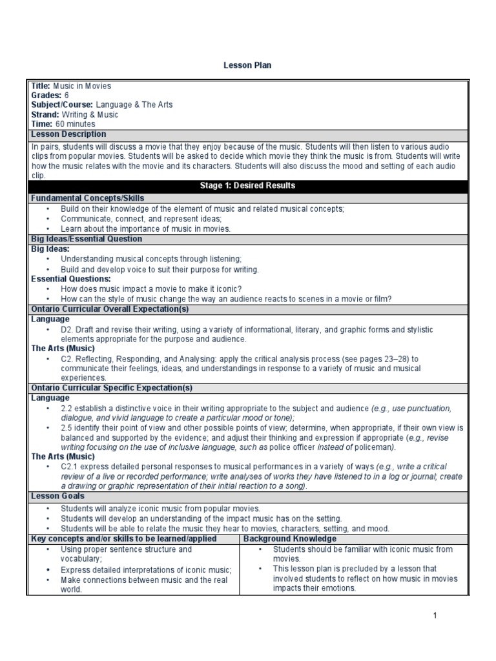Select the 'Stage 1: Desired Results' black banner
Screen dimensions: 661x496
247,186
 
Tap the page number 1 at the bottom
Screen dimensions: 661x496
435,616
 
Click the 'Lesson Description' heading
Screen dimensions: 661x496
69,134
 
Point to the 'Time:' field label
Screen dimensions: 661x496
42,124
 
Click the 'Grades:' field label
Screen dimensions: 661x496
46,96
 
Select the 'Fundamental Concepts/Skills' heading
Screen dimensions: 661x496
88,198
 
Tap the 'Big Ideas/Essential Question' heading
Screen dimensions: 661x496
87,239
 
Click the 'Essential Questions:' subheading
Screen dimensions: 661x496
70,279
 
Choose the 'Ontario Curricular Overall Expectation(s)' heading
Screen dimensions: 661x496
110,309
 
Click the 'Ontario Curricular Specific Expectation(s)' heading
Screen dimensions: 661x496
112,388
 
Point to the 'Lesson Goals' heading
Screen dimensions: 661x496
57,496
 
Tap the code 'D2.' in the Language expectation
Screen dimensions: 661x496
68,330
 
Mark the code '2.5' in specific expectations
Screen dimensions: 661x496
67,428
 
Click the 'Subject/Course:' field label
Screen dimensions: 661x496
62,105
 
